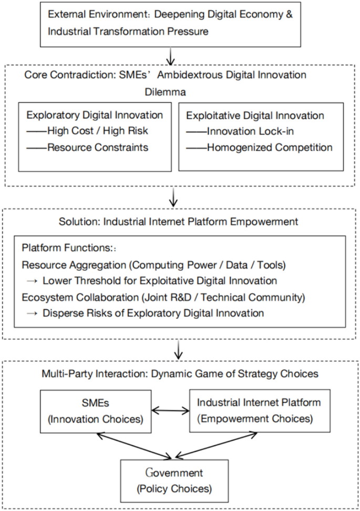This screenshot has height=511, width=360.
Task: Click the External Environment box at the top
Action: coord(169,23)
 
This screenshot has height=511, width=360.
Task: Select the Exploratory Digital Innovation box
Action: coord(95,136)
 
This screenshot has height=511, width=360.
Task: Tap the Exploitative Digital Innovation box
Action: coord(261,136)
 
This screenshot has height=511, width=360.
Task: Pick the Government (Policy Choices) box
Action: coord(174,482)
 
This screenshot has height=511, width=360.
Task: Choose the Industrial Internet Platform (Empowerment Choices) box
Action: coord(260,410)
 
